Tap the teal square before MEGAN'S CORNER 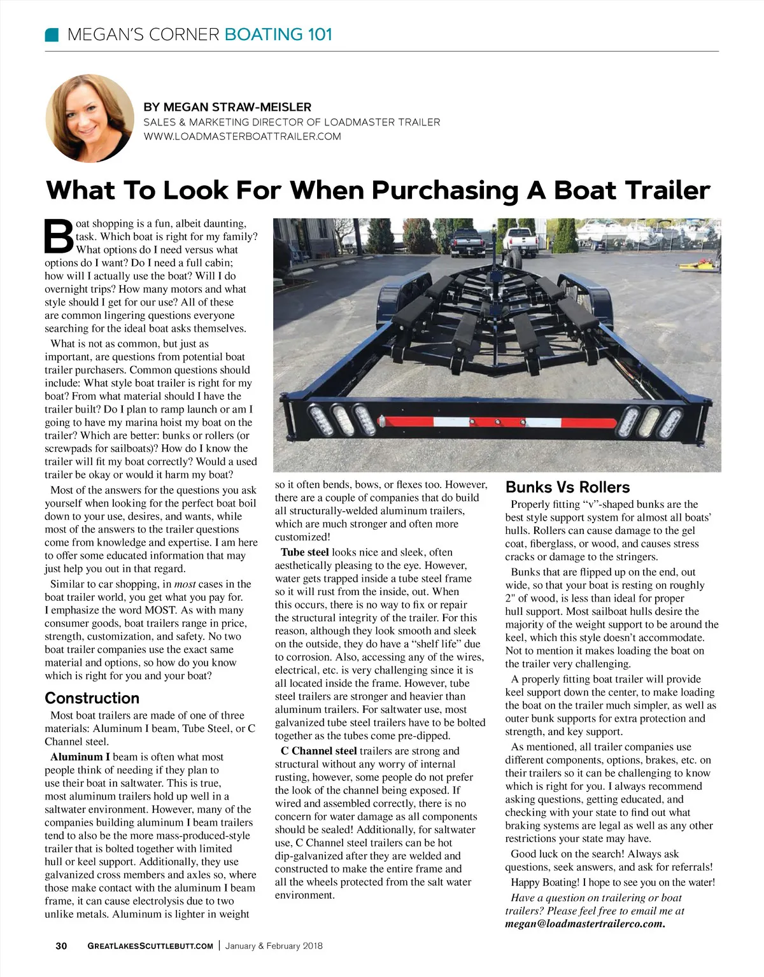[x=52, y=34]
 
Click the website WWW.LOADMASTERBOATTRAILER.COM [x=242, y=136]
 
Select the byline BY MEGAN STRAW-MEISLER [x=227, y=107]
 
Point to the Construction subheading [x=92, y=698]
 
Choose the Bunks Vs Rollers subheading [x=567, y=487]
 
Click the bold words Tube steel [x=304, y=552]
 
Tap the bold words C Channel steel [x=319, y=751]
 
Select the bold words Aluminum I [x=80, y=757]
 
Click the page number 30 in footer [x=61, y=946]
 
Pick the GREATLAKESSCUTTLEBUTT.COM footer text [x=150, y=946]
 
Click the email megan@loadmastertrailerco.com [x=584, y=924]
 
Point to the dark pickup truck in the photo [x=468, y=242]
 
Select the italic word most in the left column [x=185, y=584]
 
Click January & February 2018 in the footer [x=274, y=946]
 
